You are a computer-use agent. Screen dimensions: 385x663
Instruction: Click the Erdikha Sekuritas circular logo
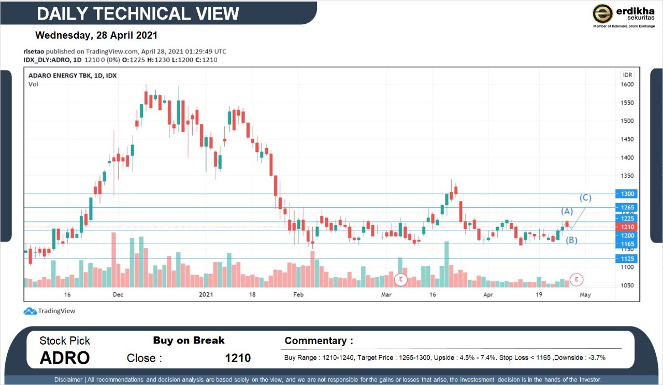pos(602,13)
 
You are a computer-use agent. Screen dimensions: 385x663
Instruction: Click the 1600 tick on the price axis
pos(627,84)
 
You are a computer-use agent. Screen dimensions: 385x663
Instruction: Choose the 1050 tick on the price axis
pos(627,286)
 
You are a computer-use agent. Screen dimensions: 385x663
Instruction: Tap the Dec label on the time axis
pos(118,295)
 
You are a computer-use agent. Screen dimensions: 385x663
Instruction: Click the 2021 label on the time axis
pos(206,295)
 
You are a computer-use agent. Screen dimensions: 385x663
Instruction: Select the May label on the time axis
pos(585,295)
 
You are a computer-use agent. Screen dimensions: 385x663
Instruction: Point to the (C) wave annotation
pos(585,197)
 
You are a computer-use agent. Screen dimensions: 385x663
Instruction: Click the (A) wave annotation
pos(567,211)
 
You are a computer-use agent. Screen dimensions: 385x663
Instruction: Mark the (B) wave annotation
pos(571,240)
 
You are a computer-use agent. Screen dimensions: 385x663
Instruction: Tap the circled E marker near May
pos(577,280)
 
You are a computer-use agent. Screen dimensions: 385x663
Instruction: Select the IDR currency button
pos(627,75)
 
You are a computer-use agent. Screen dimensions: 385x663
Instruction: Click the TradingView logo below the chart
pos(49,311)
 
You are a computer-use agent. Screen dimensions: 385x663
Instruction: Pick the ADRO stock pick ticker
pos(65,358)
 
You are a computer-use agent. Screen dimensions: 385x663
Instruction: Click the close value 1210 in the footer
pos(238,358)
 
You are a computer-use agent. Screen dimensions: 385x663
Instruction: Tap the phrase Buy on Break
pos(189,340)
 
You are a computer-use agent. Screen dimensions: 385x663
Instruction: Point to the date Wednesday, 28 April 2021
pos(96,36)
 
